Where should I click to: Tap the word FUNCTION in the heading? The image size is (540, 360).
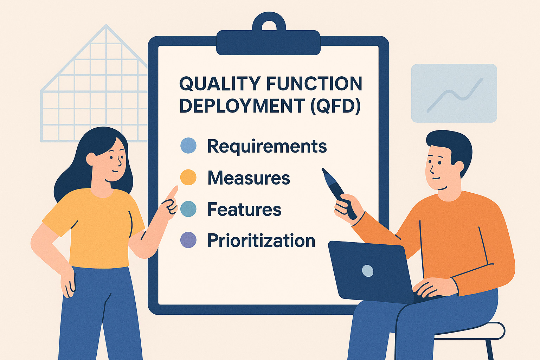314,84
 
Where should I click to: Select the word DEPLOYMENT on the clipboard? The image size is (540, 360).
242,106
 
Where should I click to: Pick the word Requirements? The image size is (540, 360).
267,146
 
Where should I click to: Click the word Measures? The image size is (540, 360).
249,178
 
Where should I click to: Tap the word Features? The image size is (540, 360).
244,210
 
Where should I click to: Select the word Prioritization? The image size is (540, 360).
261,241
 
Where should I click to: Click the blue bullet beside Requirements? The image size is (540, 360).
188,146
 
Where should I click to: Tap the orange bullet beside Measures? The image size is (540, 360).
188,177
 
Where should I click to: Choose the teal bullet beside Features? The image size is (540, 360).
188,209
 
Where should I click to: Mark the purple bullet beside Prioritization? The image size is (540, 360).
188,240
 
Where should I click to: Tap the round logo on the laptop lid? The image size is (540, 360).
367,271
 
